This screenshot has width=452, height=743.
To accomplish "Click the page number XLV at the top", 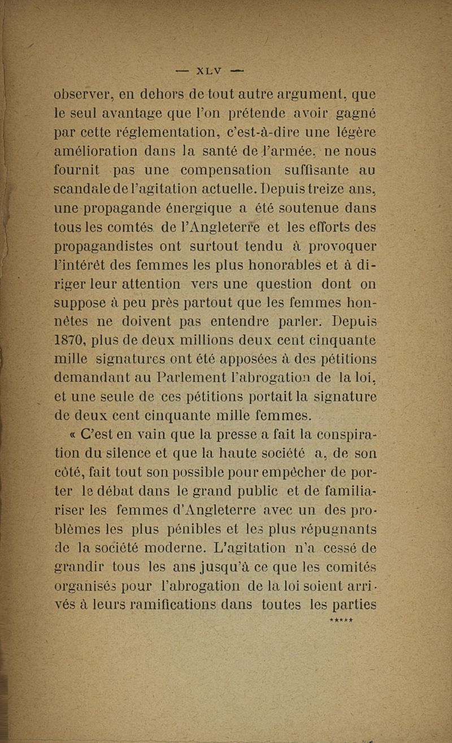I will click(208, 71).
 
